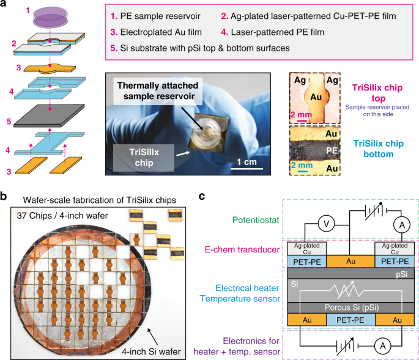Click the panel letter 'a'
[x=5, y=5]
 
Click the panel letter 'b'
[x=5, y=196]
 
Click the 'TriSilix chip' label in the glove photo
[x=129, y=156]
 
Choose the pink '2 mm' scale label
[x=302, y=114]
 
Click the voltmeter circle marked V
[x=311, y=224]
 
